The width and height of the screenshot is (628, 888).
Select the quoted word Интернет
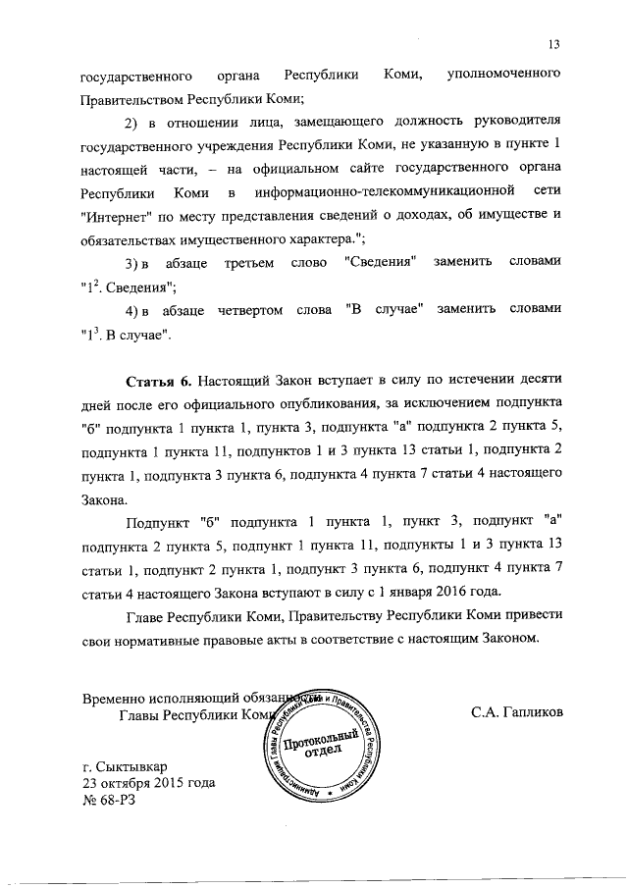tap(116, 216)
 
